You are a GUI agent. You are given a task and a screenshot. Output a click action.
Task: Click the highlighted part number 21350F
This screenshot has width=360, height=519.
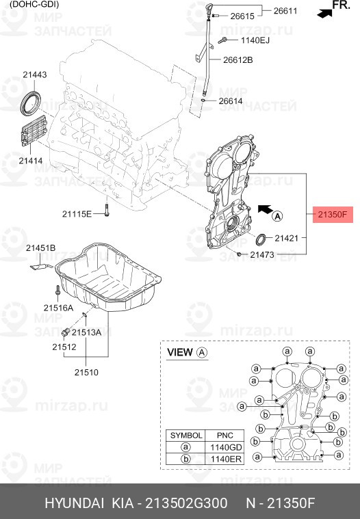[x=333, y=215]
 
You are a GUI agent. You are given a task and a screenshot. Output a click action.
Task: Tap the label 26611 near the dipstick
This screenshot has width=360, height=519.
[x=287, y=11]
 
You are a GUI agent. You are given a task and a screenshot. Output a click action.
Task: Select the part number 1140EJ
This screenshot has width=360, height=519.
[x=251, y=41]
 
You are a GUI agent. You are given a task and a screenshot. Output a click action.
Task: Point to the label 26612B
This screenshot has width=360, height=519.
[x=237, y=60]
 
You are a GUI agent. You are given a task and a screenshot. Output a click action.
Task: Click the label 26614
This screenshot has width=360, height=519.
[x=231, y=101]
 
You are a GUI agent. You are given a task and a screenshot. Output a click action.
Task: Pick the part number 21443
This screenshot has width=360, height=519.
[x=34, y=75]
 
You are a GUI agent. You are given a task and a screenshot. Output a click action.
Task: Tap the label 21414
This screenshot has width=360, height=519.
[x=31, y=161]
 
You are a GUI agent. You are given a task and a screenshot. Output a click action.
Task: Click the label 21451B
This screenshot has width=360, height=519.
[x=41, y=248]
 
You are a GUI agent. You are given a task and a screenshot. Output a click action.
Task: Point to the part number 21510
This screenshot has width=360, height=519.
[x=87, y=373]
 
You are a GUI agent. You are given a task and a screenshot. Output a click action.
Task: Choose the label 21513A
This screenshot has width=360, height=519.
[x=87, y=332]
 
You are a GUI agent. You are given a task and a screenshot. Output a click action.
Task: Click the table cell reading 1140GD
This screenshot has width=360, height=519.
[x=224, y=447]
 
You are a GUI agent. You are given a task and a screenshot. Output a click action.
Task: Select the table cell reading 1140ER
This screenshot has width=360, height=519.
[x=224, y=460]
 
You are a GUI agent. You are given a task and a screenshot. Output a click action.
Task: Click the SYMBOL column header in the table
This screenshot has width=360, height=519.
[x=185, y=435]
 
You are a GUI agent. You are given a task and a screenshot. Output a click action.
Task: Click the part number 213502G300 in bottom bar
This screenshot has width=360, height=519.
[x=185, y=503]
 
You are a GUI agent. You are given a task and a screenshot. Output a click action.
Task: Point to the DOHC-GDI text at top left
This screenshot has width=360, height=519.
[x=34, y=4]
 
